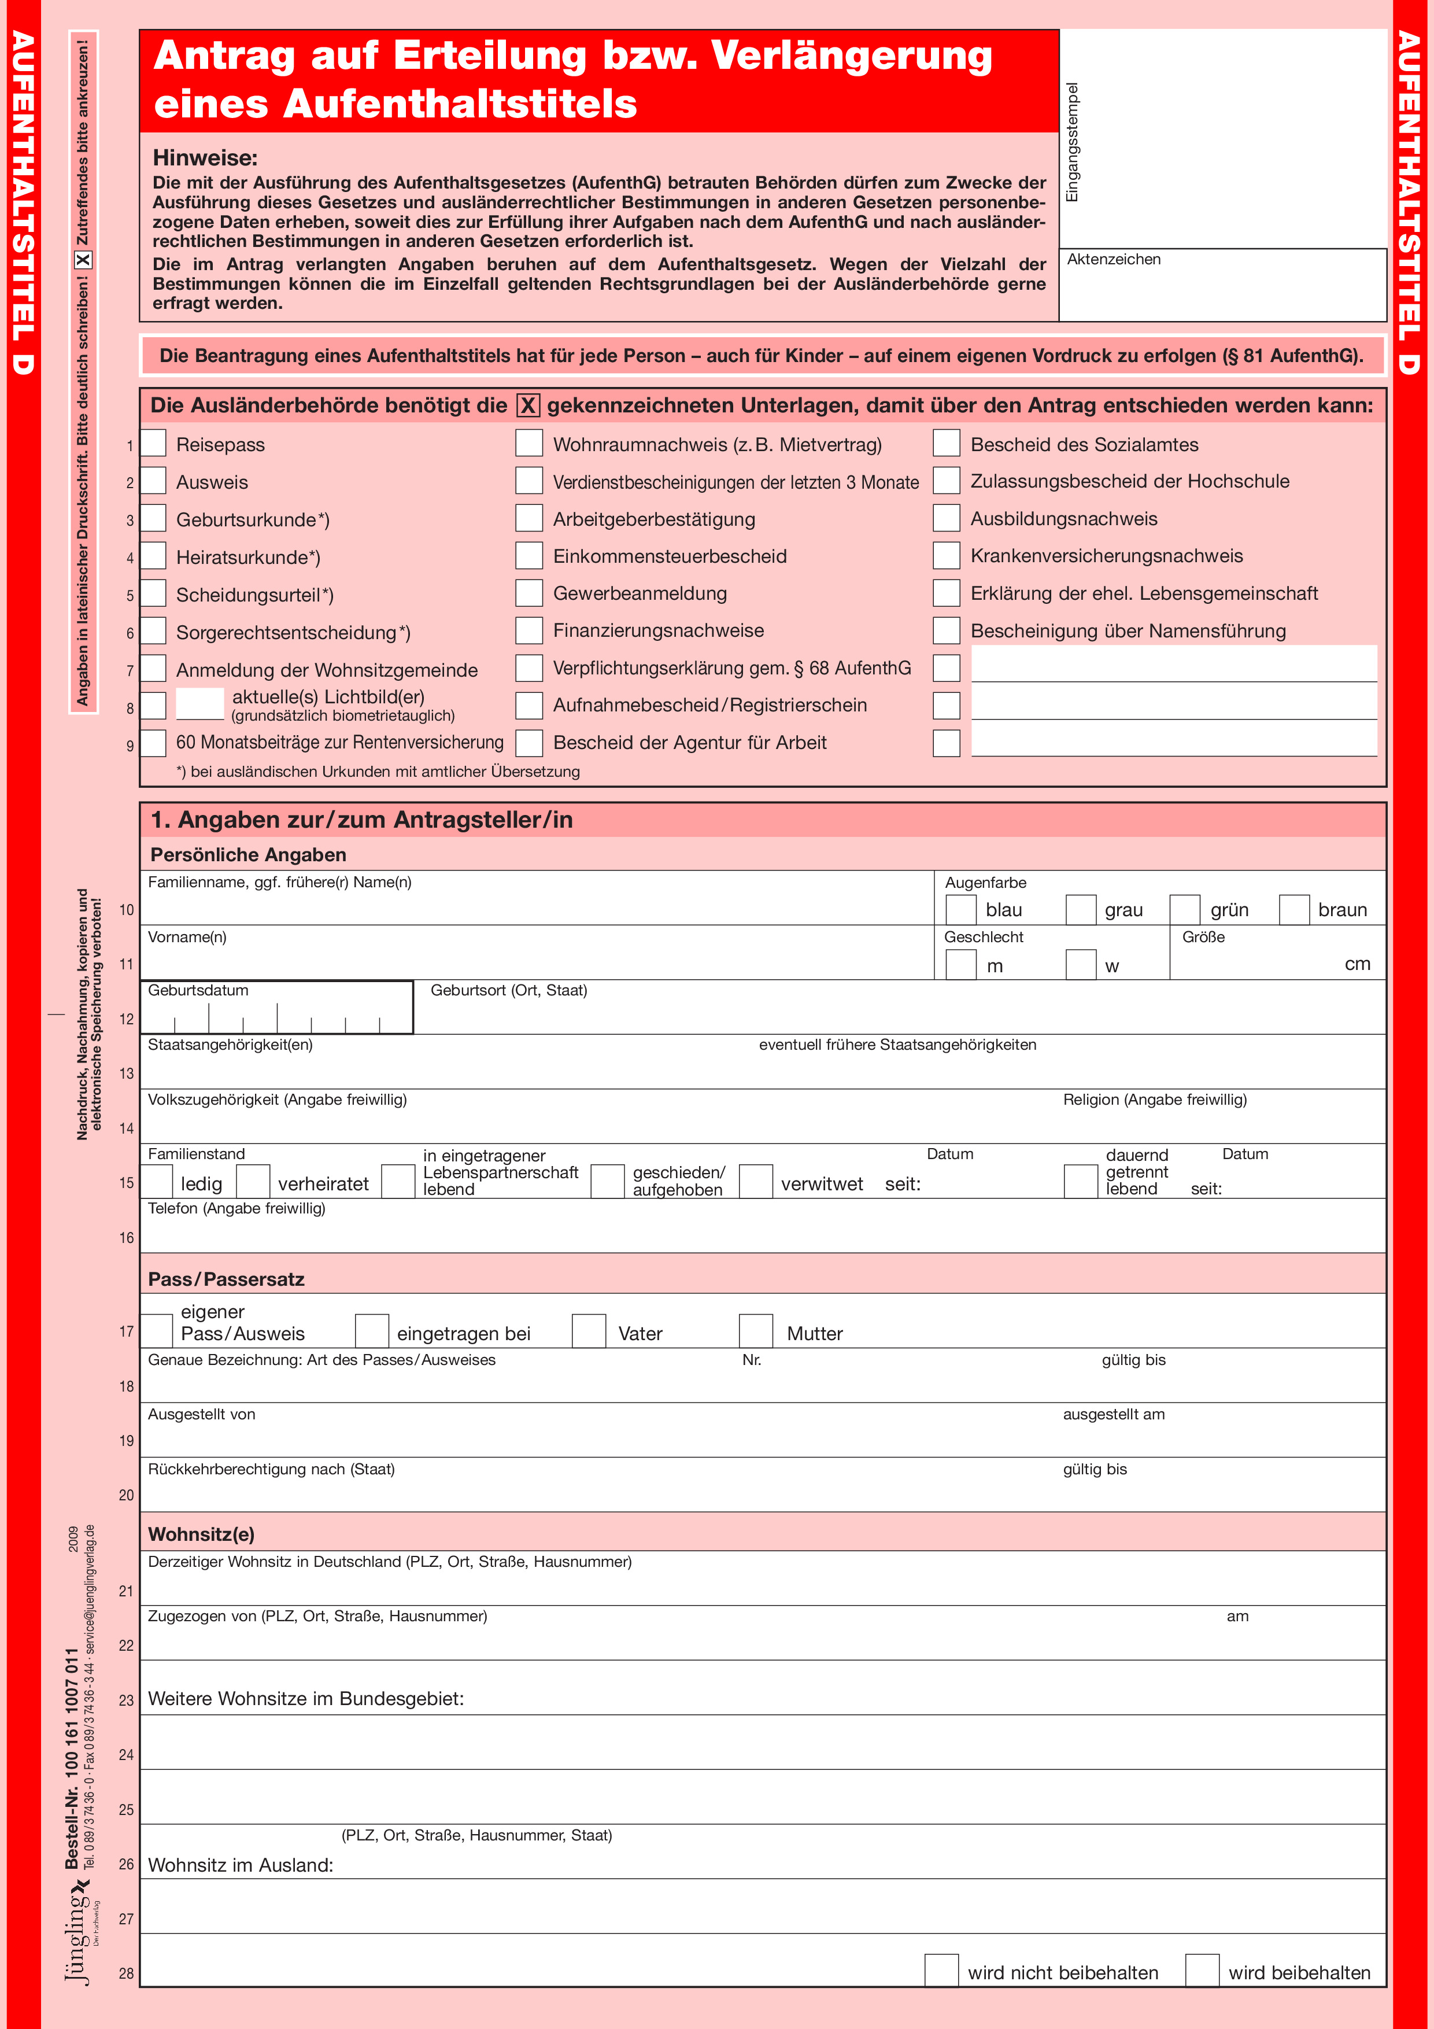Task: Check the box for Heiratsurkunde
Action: (154, 556)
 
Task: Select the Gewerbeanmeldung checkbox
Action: (529, 593)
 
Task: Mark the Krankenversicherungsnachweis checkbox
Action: (947, 556)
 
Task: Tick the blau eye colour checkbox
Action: (960, 909)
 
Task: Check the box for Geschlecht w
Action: (1081, 964)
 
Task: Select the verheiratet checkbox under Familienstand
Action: (253, 1182)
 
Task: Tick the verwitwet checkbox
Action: (755, 1182)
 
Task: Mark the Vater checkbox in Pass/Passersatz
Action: (589, 1331)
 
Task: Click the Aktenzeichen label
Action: (1113, 260)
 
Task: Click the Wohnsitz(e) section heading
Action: (201, 1534)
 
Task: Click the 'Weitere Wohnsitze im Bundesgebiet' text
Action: (306, 1699)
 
